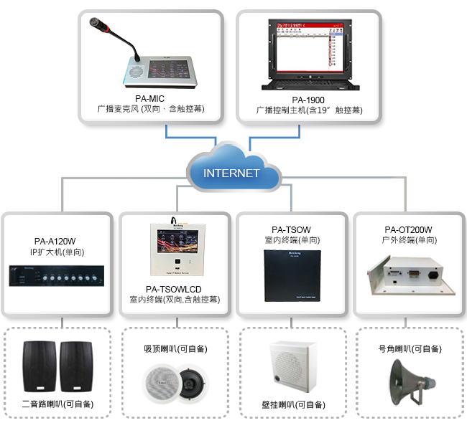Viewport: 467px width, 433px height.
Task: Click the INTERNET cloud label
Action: click(231, 173)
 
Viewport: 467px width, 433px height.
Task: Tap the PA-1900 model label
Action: click(310, 99)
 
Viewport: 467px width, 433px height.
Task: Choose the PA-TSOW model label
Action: click(292, 231)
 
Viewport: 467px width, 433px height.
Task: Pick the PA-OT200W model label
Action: click(408, 230)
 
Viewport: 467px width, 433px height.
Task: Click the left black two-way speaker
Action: click(40, 366)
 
